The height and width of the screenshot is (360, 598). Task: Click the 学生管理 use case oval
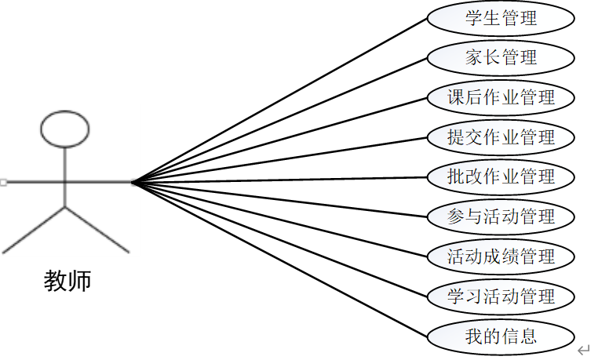point(501,18)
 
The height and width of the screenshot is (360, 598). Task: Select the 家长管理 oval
point(501,57)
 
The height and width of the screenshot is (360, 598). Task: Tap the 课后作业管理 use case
point(501,97)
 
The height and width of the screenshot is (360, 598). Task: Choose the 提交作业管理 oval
point(501,137)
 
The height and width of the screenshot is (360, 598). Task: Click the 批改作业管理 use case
point(501,176)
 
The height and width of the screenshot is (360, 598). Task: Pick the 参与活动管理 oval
point(501,216)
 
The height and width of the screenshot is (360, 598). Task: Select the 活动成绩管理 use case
point(501,256)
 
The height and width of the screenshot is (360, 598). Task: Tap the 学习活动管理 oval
point(501,296)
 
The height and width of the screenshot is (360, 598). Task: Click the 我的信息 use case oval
point(501,336)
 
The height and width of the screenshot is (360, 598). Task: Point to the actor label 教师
point(67,281)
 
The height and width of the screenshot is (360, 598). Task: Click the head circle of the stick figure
point(65,130)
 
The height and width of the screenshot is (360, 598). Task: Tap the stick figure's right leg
point(97,230)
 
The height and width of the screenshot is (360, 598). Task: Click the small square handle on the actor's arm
point(4,183)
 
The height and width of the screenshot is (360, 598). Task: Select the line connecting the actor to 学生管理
point(280,100)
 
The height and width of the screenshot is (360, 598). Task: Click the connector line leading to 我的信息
point(280,260)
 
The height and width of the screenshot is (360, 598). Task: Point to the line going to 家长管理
point(280,119)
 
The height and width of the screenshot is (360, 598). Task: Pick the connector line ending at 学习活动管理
point(280,239)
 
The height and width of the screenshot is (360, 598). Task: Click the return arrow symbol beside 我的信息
point(583,349)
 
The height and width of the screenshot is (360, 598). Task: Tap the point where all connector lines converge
point(133,183)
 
